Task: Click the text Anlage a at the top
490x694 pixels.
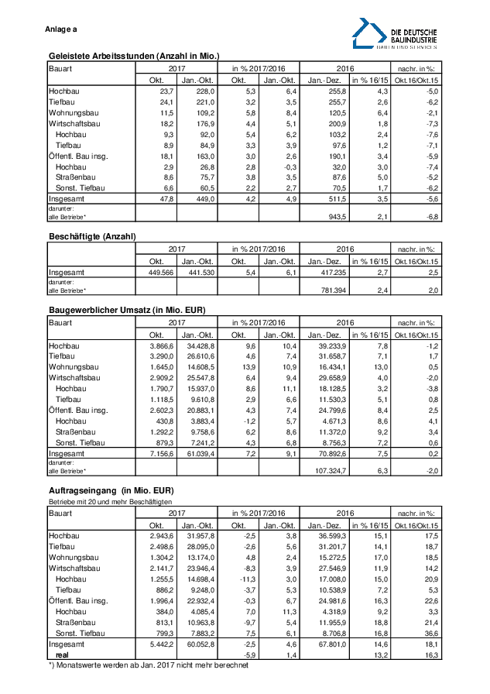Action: point(61,29)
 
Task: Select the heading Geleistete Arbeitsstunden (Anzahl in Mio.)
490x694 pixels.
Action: point(134,56)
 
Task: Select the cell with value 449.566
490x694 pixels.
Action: point(155,273)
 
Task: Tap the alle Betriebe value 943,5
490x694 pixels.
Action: point(331,216)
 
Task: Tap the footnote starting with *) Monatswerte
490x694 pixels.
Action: point(149,665)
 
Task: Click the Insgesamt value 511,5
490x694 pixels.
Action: point(331,198)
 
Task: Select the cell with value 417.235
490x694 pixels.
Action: point(325,273)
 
